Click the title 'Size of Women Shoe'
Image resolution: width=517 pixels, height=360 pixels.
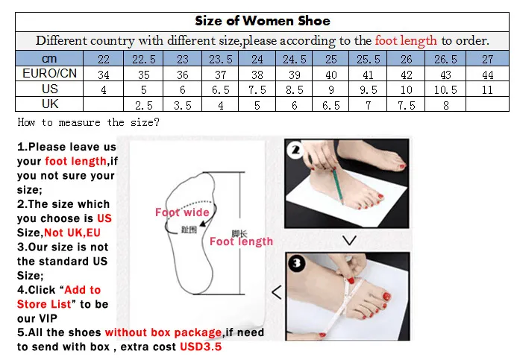coord(262,20)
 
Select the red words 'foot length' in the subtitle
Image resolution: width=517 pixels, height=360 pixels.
coord(407,41)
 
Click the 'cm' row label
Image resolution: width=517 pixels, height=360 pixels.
coord(49,59)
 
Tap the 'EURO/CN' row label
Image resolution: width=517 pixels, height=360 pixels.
coord(49,75)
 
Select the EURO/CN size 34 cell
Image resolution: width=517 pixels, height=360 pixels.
coord(104,75)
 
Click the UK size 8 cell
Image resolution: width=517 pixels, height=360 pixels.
coord(445,105)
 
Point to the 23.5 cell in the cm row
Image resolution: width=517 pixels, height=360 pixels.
coord(219,59)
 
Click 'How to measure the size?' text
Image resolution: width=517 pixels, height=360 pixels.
coord(88,122)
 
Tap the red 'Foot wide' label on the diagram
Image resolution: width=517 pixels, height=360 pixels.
coord(181,212)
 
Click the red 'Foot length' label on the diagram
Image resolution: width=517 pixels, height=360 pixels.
coord(241,241)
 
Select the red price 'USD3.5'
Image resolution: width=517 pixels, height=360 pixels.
coord(200,347)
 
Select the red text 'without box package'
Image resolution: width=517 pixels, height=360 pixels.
coord(163,332)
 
